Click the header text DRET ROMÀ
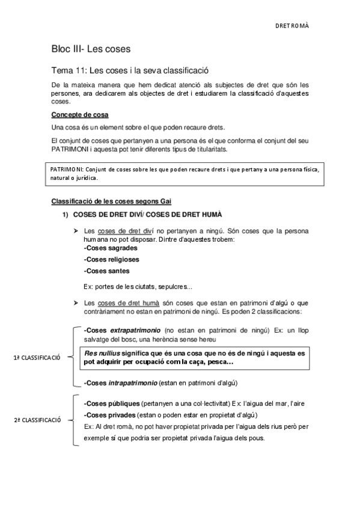pyautogui.click(x=293, y=27)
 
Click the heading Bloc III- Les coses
pyautogui.click(x=91, y=48)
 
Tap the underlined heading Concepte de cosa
pyautogui.click(x=80, y=115)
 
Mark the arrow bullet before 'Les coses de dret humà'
pyautogui.click(x=76, y=303)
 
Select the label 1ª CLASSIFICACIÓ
pyautogui.click(x=37, y=358)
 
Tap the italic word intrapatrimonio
pyautogui.click(x=133, y=382)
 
